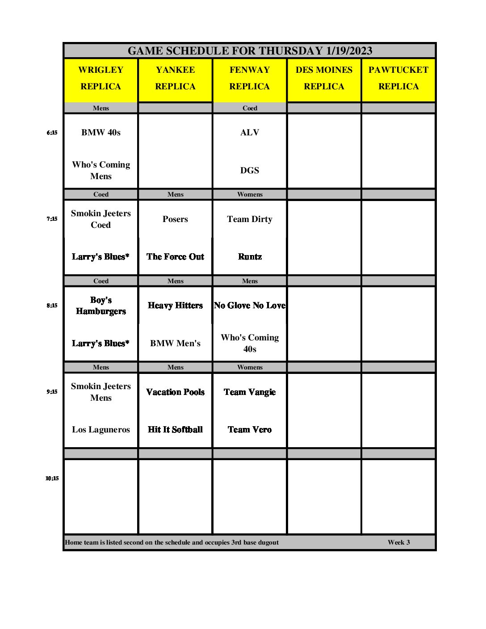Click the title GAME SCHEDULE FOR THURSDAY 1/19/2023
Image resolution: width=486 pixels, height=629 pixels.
pos(250,51)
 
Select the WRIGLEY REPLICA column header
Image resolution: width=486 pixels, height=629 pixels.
pos(101,78)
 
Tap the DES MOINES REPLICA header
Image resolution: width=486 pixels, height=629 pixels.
pos(324,78)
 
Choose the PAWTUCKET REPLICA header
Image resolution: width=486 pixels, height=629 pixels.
pos(398,78)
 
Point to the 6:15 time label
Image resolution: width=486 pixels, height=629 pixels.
pos(52,133)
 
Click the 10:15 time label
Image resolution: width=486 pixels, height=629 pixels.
pos(52,478)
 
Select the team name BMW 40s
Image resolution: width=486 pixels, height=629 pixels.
pos(101,133)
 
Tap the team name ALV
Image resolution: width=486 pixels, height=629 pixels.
pos(250,133)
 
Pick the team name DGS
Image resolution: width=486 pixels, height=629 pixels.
pos(250,171)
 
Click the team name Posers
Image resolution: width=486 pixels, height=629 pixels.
pos(175,219)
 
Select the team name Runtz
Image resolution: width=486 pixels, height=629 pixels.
pos(250,257)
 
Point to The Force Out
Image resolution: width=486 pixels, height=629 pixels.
pos(175,257)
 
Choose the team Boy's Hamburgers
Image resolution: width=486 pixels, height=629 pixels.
pos(101,306)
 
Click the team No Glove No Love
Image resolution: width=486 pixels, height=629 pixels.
pos(250,306)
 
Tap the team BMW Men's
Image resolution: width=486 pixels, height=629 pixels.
pos(175,344)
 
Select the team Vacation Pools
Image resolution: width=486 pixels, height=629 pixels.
pos(175,392)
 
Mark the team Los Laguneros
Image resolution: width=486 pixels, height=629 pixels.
pos(101,430)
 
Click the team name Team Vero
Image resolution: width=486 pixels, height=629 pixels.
pos(250,430)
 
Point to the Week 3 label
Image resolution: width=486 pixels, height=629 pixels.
pos(398,542)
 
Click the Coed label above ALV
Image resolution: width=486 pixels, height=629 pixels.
pos(250,108)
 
